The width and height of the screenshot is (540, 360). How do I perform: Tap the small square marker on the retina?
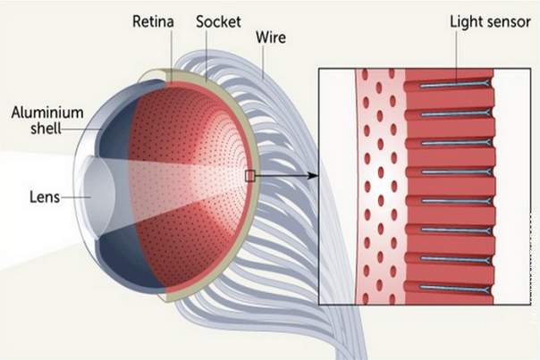point(249,176)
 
